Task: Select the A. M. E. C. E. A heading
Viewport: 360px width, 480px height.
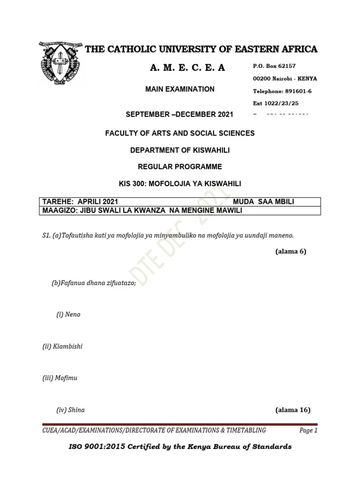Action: [187, 68]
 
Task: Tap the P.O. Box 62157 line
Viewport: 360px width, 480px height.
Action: [274, 66]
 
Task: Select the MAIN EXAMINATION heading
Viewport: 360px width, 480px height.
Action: [180, 89]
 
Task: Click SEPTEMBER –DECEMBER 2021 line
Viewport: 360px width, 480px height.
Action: [180, 114]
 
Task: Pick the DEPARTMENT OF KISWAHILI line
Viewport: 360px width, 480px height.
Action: [180, 150]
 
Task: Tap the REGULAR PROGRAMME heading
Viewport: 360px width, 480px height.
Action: [180, 167]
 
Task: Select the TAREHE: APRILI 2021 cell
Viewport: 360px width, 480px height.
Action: [77, 202]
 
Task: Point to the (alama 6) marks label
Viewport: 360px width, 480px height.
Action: [291, 251]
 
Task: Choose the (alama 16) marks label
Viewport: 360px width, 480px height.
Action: [293, 410]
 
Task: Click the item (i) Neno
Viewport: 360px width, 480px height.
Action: [68, 315]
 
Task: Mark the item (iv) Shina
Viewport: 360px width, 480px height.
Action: [71, 410]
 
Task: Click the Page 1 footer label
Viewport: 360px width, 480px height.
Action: [308, 430]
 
